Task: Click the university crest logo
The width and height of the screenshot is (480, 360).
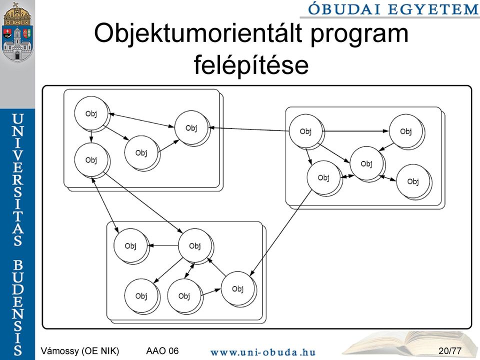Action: pyautogui.click(x=17, y=31)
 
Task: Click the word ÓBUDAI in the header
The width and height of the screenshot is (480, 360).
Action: pyautogui.click(x=345, y=9)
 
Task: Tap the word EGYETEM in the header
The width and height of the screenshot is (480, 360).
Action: pyautogui.click(x=433, y=9)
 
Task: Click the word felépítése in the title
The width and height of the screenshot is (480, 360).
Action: pyautogui.click(x=251, y=65)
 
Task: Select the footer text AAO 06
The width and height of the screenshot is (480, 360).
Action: pyautogui.click(x=162, y=350)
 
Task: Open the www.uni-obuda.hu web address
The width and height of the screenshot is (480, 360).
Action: pyautogui.click(x=263, y=352)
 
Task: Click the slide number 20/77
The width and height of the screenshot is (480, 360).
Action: pyautogui.click(x=449, y=350)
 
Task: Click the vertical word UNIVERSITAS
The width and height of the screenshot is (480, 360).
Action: pyautogui.click(x=18, y=179)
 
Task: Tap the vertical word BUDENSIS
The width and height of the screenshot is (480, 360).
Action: pyautogui.click(x=18, y=307)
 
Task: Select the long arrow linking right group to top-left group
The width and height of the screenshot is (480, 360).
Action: pyautogui.click(x=249, y=129)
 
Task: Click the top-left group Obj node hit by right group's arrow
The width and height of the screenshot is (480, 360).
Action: pyautogui.click(x=191, y=128)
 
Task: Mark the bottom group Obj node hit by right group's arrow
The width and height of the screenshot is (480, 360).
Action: pyautogui.click(x=237, y=288)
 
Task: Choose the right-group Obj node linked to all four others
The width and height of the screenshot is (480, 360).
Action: pyautogui.click(x=366, y=163)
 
